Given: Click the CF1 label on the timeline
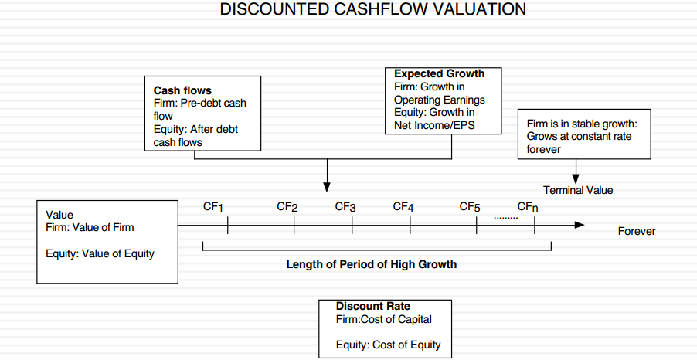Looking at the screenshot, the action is click(x=213, y=207).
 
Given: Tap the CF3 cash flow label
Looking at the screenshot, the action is click(x=345, y=207).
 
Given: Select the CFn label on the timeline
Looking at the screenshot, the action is click(x=528, y=207).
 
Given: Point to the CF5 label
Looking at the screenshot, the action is click(x=470, y=207).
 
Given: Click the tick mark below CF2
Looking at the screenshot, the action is click(x=294, y=226).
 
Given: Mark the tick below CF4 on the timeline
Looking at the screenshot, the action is click(x=410, y=226).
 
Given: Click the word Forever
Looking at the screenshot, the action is click(x=637, y=231).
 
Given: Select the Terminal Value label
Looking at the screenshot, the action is click(x=578, y=190).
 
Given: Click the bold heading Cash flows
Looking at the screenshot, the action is click(x=182, y=90).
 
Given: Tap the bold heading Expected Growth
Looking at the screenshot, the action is click(x=439, y=74).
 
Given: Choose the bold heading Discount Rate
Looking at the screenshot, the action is click(x=373, y=306).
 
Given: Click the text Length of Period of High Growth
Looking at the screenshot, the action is click(x=371, y=264).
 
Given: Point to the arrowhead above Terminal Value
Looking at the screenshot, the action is click(x=576, y=178).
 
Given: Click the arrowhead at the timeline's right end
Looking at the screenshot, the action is click(x=580, y=225).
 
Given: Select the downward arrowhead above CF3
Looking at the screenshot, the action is click(x=327, y=187).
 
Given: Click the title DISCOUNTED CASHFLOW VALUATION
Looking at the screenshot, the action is click(x=373, y=9).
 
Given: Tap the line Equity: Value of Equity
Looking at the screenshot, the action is click(x=100, y=254).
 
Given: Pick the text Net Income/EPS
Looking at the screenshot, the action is click(x=434, y=125).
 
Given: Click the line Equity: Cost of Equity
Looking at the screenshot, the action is click(x=388, y=345).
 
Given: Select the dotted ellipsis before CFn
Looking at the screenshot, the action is click(x=506, y=218).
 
